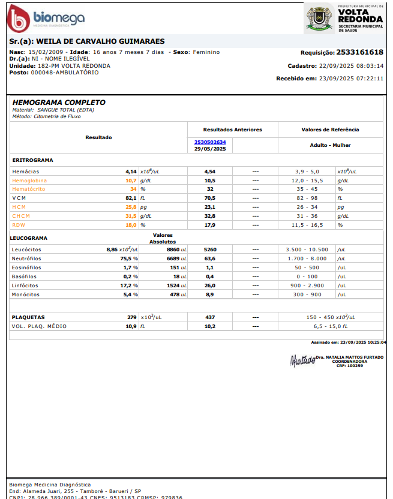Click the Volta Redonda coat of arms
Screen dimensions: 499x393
[x=319, y=17]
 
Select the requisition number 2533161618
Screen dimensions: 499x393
[x=359, y=53]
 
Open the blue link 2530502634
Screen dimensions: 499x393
[x=210, y=142]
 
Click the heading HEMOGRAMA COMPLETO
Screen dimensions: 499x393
[x=59, y=103]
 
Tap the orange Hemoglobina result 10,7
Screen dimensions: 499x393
[x=131, y=180]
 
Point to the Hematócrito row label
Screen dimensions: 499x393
[x=29, y=189]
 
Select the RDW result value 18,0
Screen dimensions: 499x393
[x=131, y=225]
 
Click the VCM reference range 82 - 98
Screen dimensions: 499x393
[x=307, y=198]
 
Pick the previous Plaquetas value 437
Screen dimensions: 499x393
[x=210, y=317]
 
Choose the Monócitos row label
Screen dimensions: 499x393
[x=26, y=294]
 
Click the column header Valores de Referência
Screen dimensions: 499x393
[x=330, y=130]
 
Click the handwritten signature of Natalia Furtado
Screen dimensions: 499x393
[x=302, y=360]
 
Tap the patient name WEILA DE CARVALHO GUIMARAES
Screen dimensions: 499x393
[x=100, y=41]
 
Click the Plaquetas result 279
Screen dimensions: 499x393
[x=132, y=317]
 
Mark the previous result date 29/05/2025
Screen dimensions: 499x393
[x=210, y=148]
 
